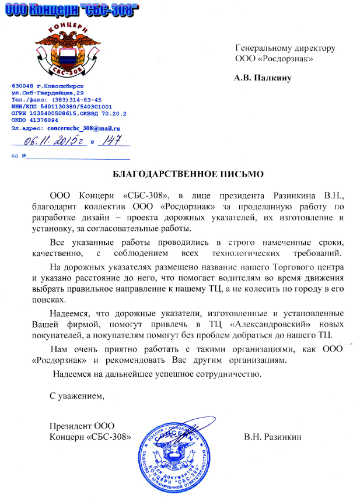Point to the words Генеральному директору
[285, 48]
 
